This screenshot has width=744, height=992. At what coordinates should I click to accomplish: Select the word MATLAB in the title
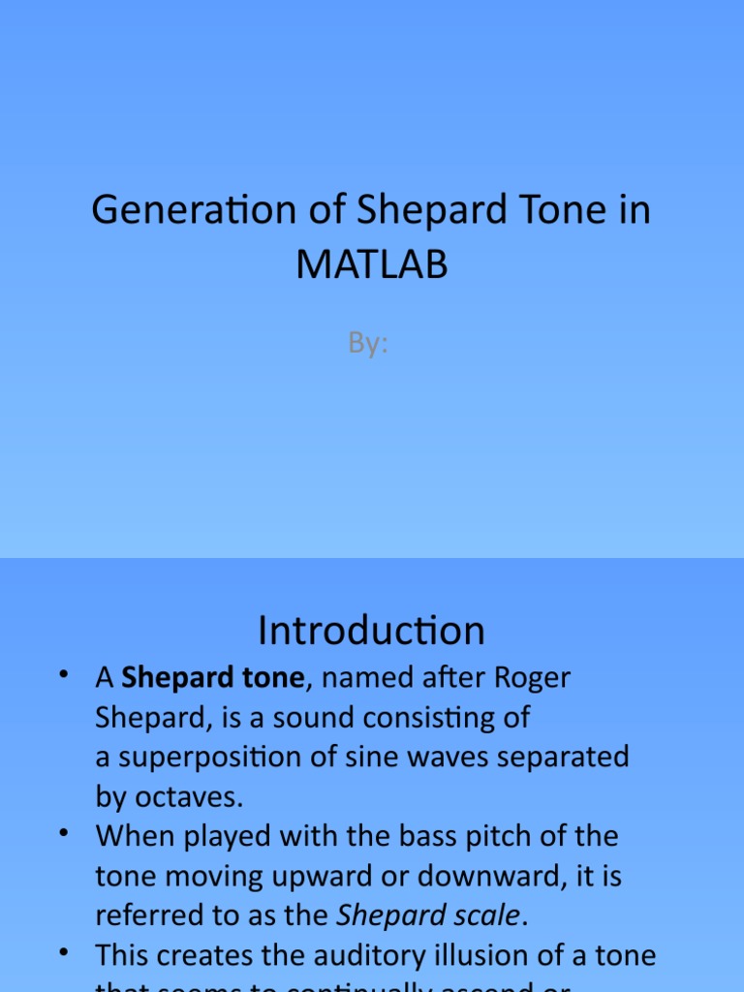pyautogui.click(x=372, y=263)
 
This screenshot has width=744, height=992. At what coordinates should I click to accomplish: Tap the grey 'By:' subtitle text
pyautogui.click(x=368, y=343)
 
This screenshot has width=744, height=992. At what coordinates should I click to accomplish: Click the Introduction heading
pyautogui.click(x=371, y=632)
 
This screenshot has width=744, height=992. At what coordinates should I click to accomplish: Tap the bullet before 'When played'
pyautogui.click(x=64, y=833)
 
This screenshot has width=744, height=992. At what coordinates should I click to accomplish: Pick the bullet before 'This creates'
pyautogui.click(x=64, y=952)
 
